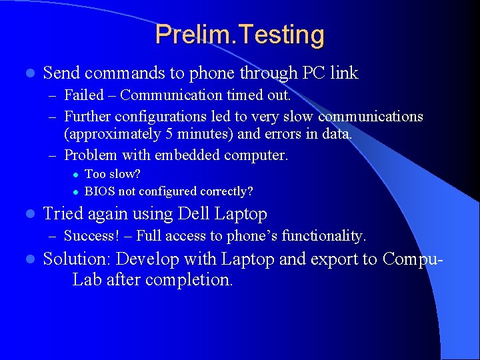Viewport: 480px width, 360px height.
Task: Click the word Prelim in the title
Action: point(189,35)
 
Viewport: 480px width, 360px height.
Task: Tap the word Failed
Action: point(85,95)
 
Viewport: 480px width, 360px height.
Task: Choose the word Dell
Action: point(201,214)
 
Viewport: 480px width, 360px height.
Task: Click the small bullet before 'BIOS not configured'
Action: point(76,192)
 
